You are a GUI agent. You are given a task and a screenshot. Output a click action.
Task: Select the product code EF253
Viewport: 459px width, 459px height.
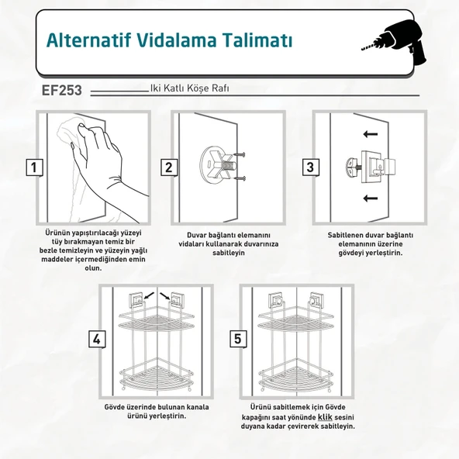point(62,90)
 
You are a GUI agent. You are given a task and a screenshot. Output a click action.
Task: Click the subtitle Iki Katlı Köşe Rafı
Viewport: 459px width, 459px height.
point(189,88)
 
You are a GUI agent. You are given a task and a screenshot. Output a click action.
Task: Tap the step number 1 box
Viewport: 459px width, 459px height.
point(34,167)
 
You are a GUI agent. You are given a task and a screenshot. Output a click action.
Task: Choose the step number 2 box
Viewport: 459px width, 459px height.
point(169,167)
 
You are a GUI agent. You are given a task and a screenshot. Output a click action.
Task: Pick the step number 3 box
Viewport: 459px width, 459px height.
point(311,167)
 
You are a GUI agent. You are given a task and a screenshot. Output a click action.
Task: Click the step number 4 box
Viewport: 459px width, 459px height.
point(97,340)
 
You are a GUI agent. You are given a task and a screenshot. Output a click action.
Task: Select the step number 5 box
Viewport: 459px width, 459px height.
point(238,339)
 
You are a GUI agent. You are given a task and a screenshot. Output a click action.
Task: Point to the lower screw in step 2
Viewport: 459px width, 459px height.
point(240,178)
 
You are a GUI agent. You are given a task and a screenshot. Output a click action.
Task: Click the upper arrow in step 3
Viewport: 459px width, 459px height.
point(371,134)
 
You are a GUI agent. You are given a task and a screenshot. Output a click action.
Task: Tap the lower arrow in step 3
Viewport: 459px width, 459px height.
point(371,198)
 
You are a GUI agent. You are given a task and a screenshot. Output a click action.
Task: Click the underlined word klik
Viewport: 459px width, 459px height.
point(325,417)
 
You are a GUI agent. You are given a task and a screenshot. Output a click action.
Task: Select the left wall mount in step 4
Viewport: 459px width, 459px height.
point(136,299)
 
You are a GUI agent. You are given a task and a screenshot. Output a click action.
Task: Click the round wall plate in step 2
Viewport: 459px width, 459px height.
point(212,165)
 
